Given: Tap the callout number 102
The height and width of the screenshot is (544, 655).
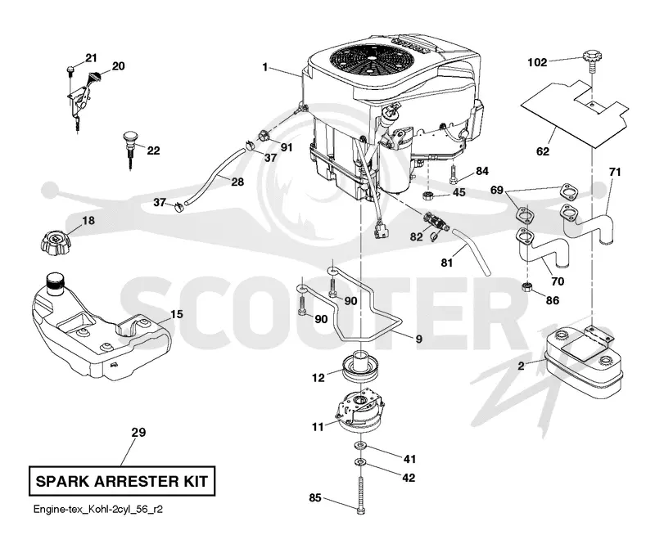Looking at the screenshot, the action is pyautogui.click(x=537, y=63).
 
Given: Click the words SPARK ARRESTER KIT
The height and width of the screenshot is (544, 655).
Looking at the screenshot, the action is pyautogui.click(x=121, y=481).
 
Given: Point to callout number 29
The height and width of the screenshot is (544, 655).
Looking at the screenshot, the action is pyautogui.click(x=138, y=433).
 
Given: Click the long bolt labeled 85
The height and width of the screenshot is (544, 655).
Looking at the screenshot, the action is pyautogui.click(x=361, y=496).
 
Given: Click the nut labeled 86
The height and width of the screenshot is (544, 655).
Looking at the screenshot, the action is pyautogui.click(x=527, y=287).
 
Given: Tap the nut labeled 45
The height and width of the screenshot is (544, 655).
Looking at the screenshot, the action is pyautogui.click(x=428, y=194).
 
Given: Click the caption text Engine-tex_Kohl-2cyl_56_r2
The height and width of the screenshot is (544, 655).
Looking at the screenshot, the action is pyautogui.click(x=97, y=510).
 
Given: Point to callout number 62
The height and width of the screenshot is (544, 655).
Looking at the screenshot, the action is pyautogui.click(x=543, y=151).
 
